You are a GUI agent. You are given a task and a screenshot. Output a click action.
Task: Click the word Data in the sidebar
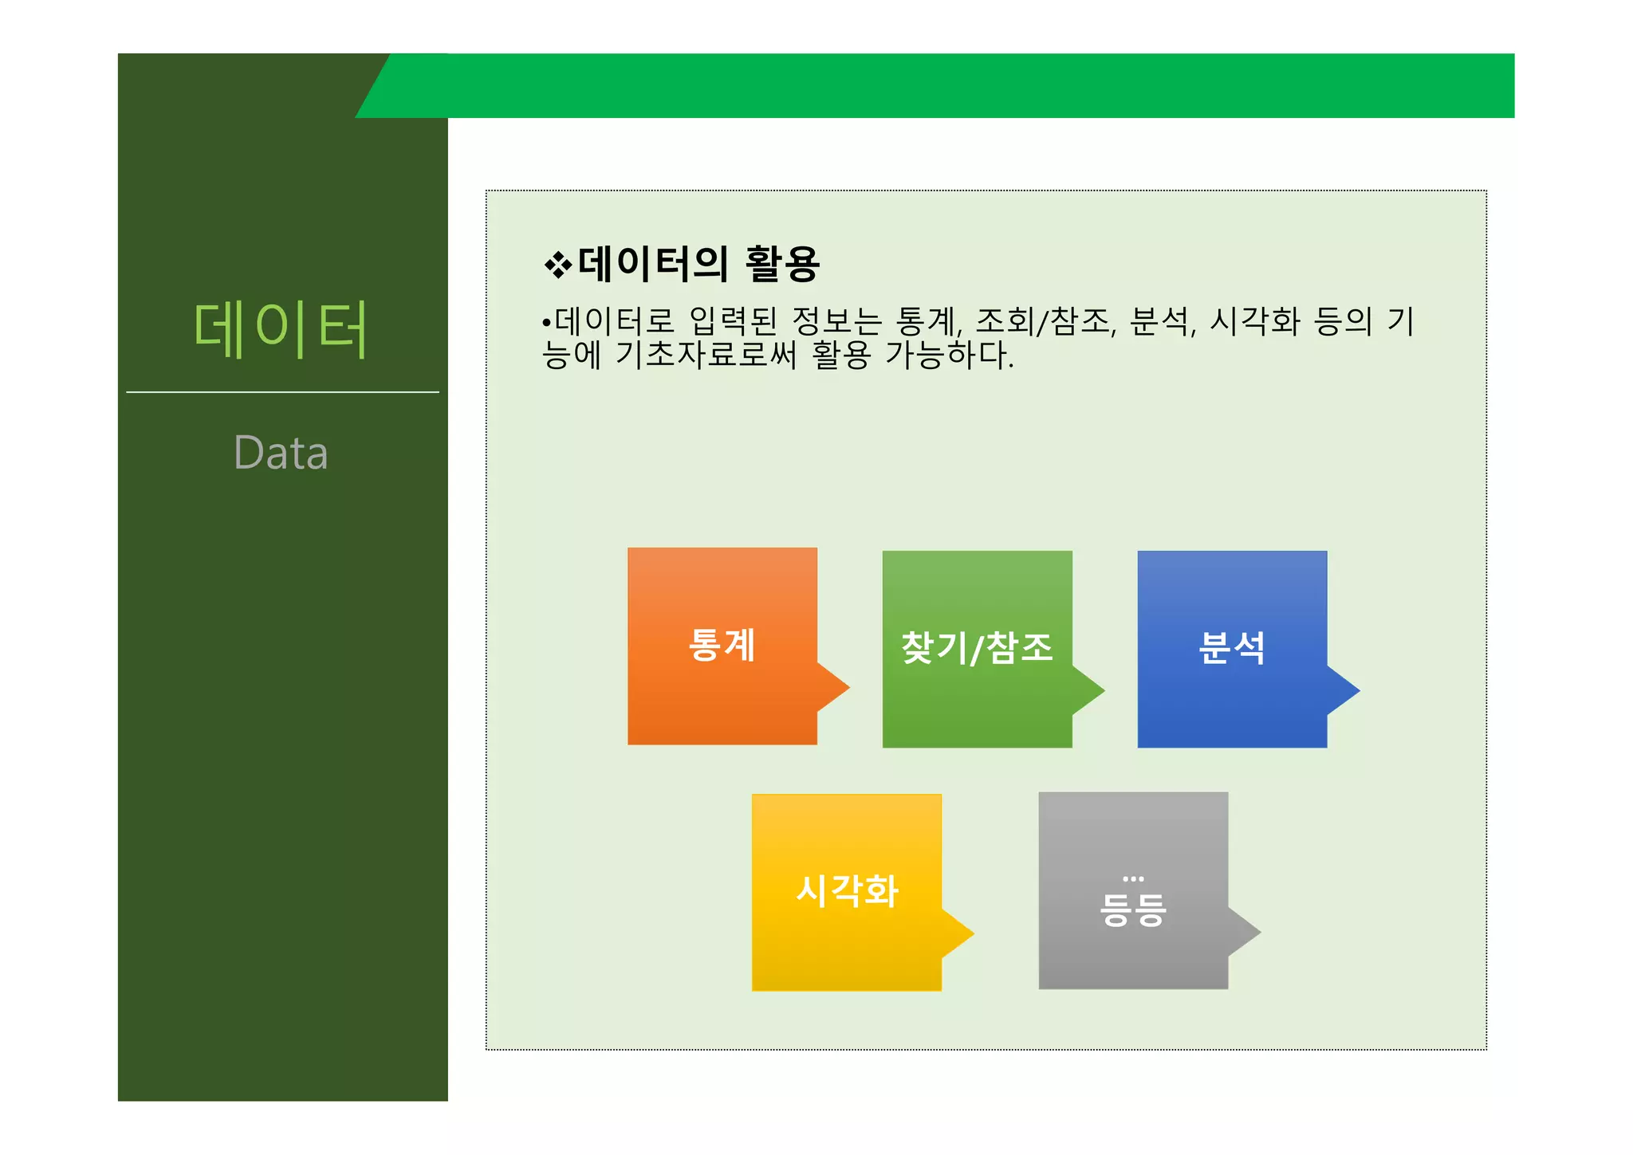[281, 453]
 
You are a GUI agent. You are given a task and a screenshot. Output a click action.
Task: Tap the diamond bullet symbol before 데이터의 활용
[557, 265]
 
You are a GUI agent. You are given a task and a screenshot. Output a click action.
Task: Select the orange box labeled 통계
[722, 645]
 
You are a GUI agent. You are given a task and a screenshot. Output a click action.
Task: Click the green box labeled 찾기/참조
[977, 648]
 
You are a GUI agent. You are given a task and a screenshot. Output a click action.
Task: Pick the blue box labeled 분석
[1232, 648]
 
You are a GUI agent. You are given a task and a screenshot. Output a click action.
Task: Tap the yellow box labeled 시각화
[846, 891]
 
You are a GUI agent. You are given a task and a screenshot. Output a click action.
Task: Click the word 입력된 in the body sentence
[733, 321]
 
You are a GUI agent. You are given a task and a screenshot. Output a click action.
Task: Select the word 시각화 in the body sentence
[1255, 321]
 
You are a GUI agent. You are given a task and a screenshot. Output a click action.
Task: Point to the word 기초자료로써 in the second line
[706, 355]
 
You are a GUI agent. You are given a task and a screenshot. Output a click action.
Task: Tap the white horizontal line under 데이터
[282, 392]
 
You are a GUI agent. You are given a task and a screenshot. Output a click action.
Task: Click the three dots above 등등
[1133, 878]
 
